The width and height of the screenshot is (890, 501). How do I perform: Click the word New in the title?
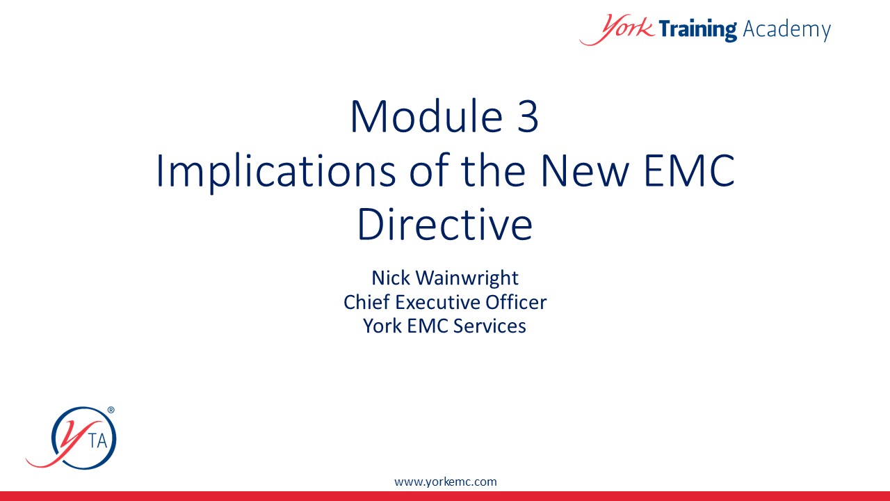point(585,170)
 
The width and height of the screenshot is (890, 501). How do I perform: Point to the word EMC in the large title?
point(689,170)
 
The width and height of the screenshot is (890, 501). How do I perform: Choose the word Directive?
point(445,224)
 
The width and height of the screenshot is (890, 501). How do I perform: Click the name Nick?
point(391,278)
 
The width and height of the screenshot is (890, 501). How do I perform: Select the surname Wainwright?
point(467,278)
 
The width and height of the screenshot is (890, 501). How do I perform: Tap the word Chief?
point(366,302)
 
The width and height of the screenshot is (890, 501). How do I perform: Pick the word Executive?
point(435,302)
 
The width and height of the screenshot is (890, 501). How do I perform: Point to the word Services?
point(489,326)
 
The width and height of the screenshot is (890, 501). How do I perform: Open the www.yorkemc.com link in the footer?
point(446,482)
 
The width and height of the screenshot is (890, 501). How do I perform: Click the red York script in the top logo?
point(617,29)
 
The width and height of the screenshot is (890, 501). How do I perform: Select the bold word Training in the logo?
point(697,29)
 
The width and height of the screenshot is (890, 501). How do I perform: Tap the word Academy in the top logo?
point(786,29)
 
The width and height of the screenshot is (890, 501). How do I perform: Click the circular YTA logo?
point(72,438)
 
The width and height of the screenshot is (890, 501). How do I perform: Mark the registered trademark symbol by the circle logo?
point(111,410)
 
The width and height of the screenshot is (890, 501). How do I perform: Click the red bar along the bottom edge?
point(445,496)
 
